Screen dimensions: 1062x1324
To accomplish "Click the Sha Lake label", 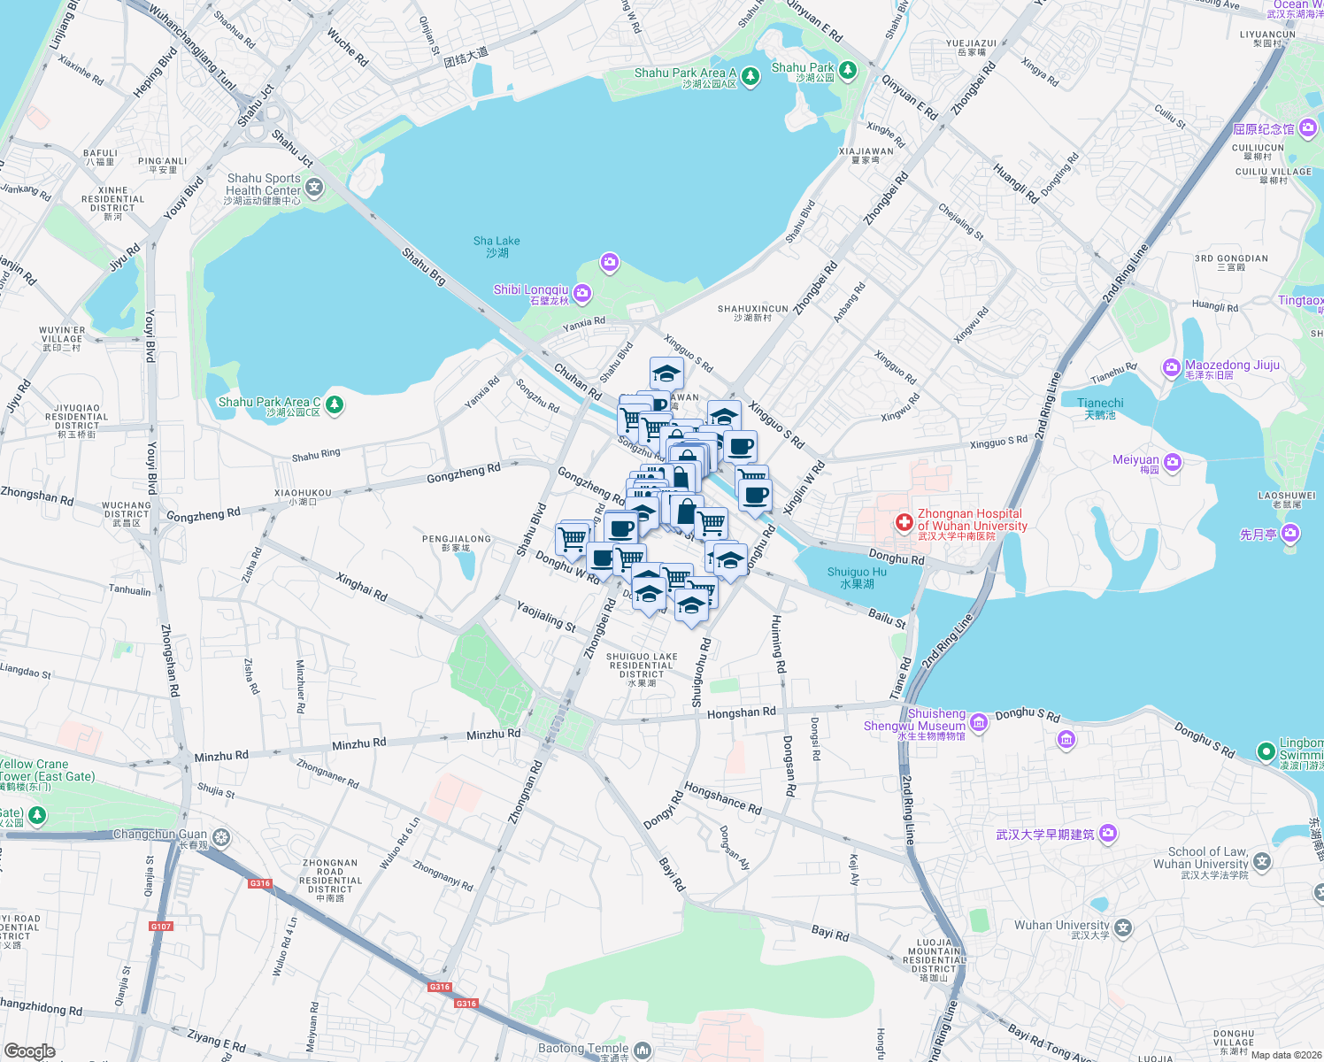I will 496,247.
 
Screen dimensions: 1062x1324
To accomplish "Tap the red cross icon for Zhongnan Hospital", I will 904,522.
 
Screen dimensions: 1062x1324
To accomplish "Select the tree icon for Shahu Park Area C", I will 334,405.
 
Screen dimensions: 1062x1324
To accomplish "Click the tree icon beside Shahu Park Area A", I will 751,77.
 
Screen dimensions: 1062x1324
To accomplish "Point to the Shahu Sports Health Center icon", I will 314,188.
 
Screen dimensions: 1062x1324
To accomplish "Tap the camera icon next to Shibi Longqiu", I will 581,293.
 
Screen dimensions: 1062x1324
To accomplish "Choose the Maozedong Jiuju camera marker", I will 1172,367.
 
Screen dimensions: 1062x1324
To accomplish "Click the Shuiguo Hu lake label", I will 856,578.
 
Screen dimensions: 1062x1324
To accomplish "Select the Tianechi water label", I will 1100,408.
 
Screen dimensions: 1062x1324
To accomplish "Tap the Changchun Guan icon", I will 220,836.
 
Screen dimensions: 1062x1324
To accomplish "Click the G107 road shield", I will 161,927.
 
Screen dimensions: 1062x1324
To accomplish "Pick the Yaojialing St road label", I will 546,616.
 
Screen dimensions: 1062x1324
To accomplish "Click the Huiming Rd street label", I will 778,643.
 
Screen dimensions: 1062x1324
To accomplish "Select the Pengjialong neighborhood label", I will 456,543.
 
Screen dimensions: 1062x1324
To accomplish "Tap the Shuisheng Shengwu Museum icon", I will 978,724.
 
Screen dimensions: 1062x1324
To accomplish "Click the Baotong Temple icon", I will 642,1050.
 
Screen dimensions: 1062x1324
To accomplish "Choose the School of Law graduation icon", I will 1262,860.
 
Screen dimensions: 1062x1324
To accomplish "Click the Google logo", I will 29,1051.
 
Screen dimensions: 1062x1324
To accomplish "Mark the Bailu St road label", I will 887,618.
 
